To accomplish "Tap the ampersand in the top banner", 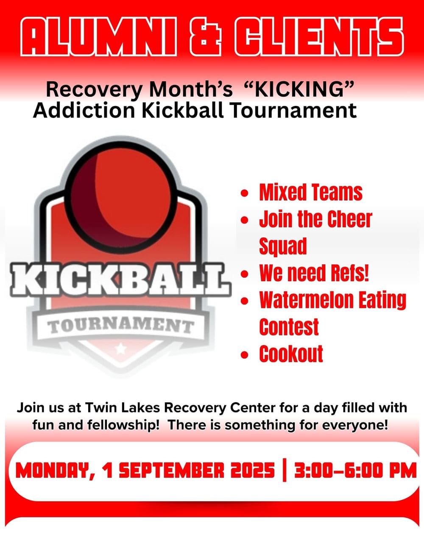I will (206, 36).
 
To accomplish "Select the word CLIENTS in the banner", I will (318, 36).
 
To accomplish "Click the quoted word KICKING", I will (299, 89).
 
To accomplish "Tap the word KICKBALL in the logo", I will (121, 280).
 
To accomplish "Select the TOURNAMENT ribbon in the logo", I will (121, 326).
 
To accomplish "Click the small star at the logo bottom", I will (122, 350).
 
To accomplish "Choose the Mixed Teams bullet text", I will (311, 193).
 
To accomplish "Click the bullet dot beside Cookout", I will (244, 354).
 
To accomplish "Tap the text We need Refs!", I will (314, 273).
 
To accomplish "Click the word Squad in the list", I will (283, 246).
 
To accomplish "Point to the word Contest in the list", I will (289, 327).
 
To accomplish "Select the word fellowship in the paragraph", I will (122, 425).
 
